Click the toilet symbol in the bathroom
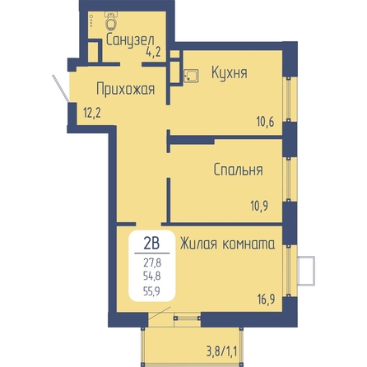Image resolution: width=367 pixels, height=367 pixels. pos(111,20)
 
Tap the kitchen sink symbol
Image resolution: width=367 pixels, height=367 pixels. pos(191,76)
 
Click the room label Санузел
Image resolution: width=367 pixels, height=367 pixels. pos(130,40)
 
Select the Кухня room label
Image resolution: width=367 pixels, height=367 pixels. pos(230,72)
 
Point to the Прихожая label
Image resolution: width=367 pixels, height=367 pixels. pos(126,89)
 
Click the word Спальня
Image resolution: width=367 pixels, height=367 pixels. pos(238,170)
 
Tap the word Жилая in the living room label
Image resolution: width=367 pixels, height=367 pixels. pos(198,244)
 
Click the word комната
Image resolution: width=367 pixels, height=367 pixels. pos(249,244)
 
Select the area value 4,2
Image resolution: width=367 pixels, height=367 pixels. pos(153,52)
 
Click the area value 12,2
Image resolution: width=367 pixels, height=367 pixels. pos(92,113)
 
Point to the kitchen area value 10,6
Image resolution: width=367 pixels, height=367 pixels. pos(265,122)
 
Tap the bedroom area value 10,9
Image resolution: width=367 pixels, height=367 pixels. pos(259,206)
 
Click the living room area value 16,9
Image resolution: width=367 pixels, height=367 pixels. pos(266,299)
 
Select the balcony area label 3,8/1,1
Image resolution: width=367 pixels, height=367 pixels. pos(221,351)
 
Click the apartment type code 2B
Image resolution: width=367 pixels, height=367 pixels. pos(151,243)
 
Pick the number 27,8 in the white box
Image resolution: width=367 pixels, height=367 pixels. pos(152,262)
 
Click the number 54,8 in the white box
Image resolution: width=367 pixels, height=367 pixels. pos(152,276)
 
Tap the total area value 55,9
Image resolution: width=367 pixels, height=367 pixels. pos(151,290)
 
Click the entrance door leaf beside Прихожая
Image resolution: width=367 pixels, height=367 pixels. pos(60,89)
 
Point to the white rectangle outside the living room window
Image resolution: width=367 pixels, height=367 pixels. pos(306,271)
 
